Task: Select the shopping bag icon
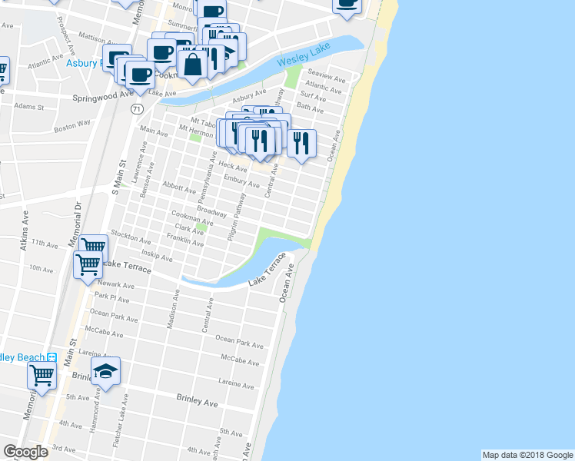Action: click(191, 64)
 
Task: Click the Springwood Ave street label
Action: click(104, 98)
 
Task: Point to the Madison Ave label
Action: click(174, 309)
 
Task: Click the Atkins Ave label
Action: click(25, 231)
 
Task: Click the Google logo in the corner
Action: click(25, 452)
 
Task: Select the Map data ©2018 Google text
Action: click(527, 455)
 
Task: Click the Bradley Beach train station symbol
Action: click(52, 357)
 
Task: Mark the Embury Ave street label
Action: click(241, 181)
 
